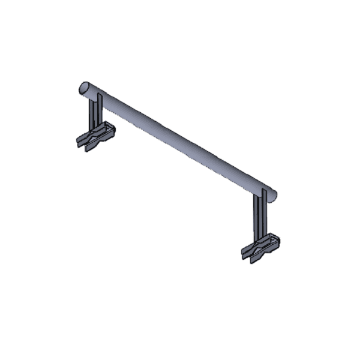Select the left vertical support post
[95, 114]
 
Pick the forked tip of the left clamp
[82, 143]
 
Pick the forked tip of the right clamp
[247, 253]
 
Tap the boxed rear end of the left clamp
[109, 129]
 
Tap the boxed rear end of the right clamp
[274, 240]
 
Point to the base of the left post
[95, 129]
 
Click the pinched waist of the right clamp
[259, 247]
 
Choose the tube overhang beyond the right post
[270, 193]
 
